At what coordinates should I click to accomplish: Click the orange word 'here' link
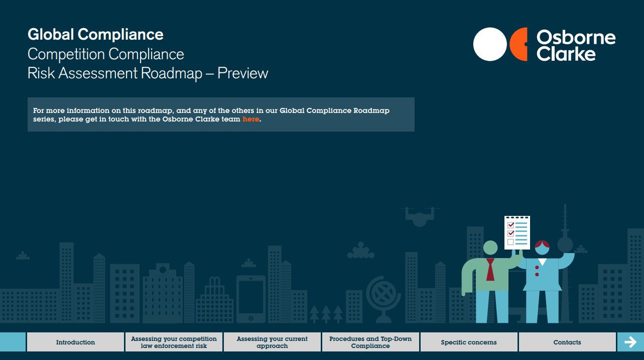(x=250, y=119)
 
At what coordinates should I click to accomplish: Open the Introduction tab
(x=75, y=342)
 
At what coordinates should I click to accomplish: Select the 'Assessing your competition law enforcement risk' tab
(x=174, y=342)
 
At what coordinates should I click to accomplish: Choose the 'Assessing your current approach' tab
(x=272, y=342)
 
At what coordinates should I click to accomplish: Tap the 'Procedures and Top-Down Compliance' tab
(x=370, y=342)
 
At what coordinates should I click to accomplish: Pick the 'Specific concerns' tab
(x=469, y=342)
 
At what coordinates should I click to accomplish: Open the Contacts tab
(x=567, y=342)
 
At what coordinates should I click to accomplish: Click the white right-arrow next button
(x=630, y=342)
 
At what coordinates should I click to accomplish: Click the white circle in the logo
(x=490, y=44)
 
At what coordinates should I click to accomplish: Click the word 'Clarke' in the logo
(x=566, y=54)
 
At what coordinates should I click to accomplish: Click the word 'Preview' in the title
(x=242, y=73)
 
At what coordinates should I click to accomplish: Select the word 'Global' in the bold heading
(x=51, y=35)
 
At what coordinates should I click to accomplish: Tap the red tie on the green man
(x=490, y=270)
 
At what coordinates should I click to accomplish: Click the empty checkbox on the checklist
(x=510, y=242)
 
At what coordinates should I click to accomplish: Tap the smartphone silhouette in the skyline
(x=251, y=299)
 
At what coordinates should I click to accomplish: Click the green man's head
(x=490, y=248)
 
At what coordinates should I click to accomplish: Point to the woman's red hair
(x=542, y=245)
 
